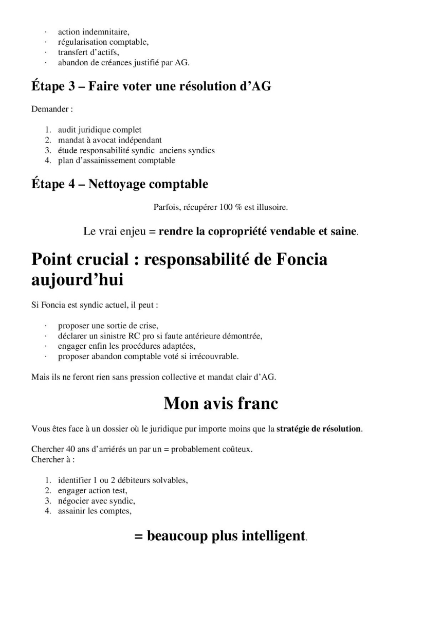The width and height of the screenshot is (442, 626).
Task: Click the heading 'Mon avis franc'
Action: [220, 404]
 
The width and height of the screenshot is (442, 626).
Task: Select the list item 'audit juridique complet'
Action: [99, 130]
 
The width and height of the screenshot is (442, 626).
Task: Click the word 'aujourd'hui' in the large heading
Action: [77, 280]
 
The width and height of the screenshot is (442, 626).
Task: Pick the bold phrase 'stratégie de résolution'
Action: [318, 428]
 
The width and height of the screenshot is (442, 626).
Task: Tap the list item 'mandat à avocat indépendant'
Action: [109, 140]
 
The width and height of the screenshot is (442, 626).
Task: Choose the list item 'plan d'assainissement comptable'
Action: [116, 160]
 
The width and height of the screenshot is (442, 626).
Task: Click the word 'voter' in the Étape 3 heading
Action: [150, 86]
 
